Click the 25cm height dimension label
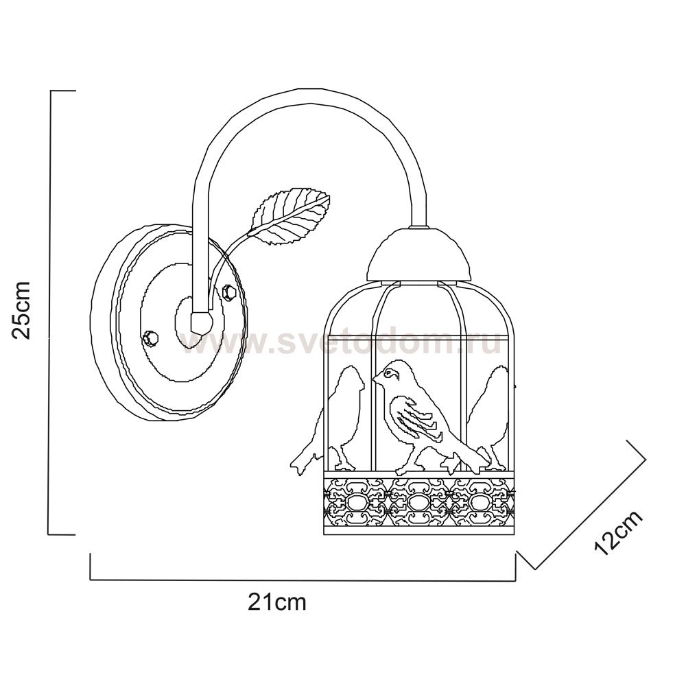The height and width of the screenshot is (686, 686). coord(21,310)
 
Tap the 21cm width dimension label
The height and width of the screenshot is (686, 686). coord(277,602)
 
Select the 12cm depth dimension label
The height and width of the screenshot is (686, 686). coord(619,532)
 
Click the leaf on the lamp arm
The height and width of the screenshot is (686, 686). coord(290,215)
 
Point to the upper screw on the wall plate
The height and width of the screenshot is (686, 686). coord(229,292)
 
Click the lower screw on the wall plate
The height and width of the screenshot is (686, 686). coord(150,339)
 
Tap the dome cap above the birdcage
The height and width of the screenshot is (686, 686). coord(420,254)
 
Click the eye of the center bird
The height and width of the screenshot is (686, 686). coord(388,373)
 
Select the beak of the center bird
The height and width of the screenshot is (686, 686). coord(376,377)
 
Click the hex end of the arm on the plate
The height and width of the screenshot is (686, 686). coord(202,322)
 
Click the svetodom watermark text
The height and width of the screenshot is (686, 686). coord(341,342)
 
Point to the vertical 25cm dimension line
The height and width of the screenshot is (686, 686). coord(51,312)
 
